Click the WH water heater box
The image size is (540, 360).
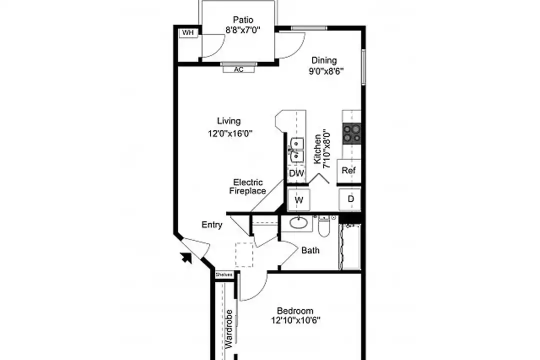pyautogui.click(x=188, y=33)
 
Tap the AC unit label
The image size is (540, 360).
pyautogui.click(x=238, y=69)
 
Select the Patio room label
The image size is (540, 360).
pyautogui.click(x=243, y=19)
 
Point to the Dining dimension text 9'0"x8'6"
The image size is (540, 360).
pyautogui.click(x=326, y=71)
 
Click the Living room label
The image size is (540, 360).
pyautogui.click(x=228, y=121)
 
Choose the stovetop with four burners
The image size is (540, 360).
pyautogui.click(x=351, y=133)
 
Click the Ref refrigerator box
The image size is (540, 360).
pyautogui.click(x=348, y=170)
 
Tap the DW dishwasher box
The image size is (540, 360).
pyautogui.click(x=296, y=173)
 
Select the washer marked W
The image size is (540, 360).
pyautogui.click(x=298, y=200)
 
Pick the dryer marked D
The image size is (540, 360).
pyautogui.click(x=350, y=199)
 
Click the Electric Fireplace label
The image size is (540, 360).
pyautogui.click(x=247, y=186)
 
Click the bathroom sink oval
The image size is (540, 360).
pyautogui.click(x=298, y=222)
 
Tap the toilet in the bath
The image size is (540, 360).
pyautogui.click(x=324, y=225)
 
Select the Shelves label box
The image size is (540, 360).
pyautogui.click(x=224, y=275)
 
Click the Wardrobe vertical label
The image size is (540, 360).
pyautogui.click(x=228, y=329)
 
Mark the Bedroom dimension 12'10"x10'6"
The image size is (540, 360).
pyautogui.click(x=295, y=320)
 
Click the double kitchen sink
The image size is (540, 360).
pyautogui.click(x=296, y=149)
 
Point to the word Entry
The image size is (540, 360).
pyautogui.click(x=212, y=225)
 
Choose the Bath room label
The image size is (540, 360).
pyautogui.click(x=310, y=250)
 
